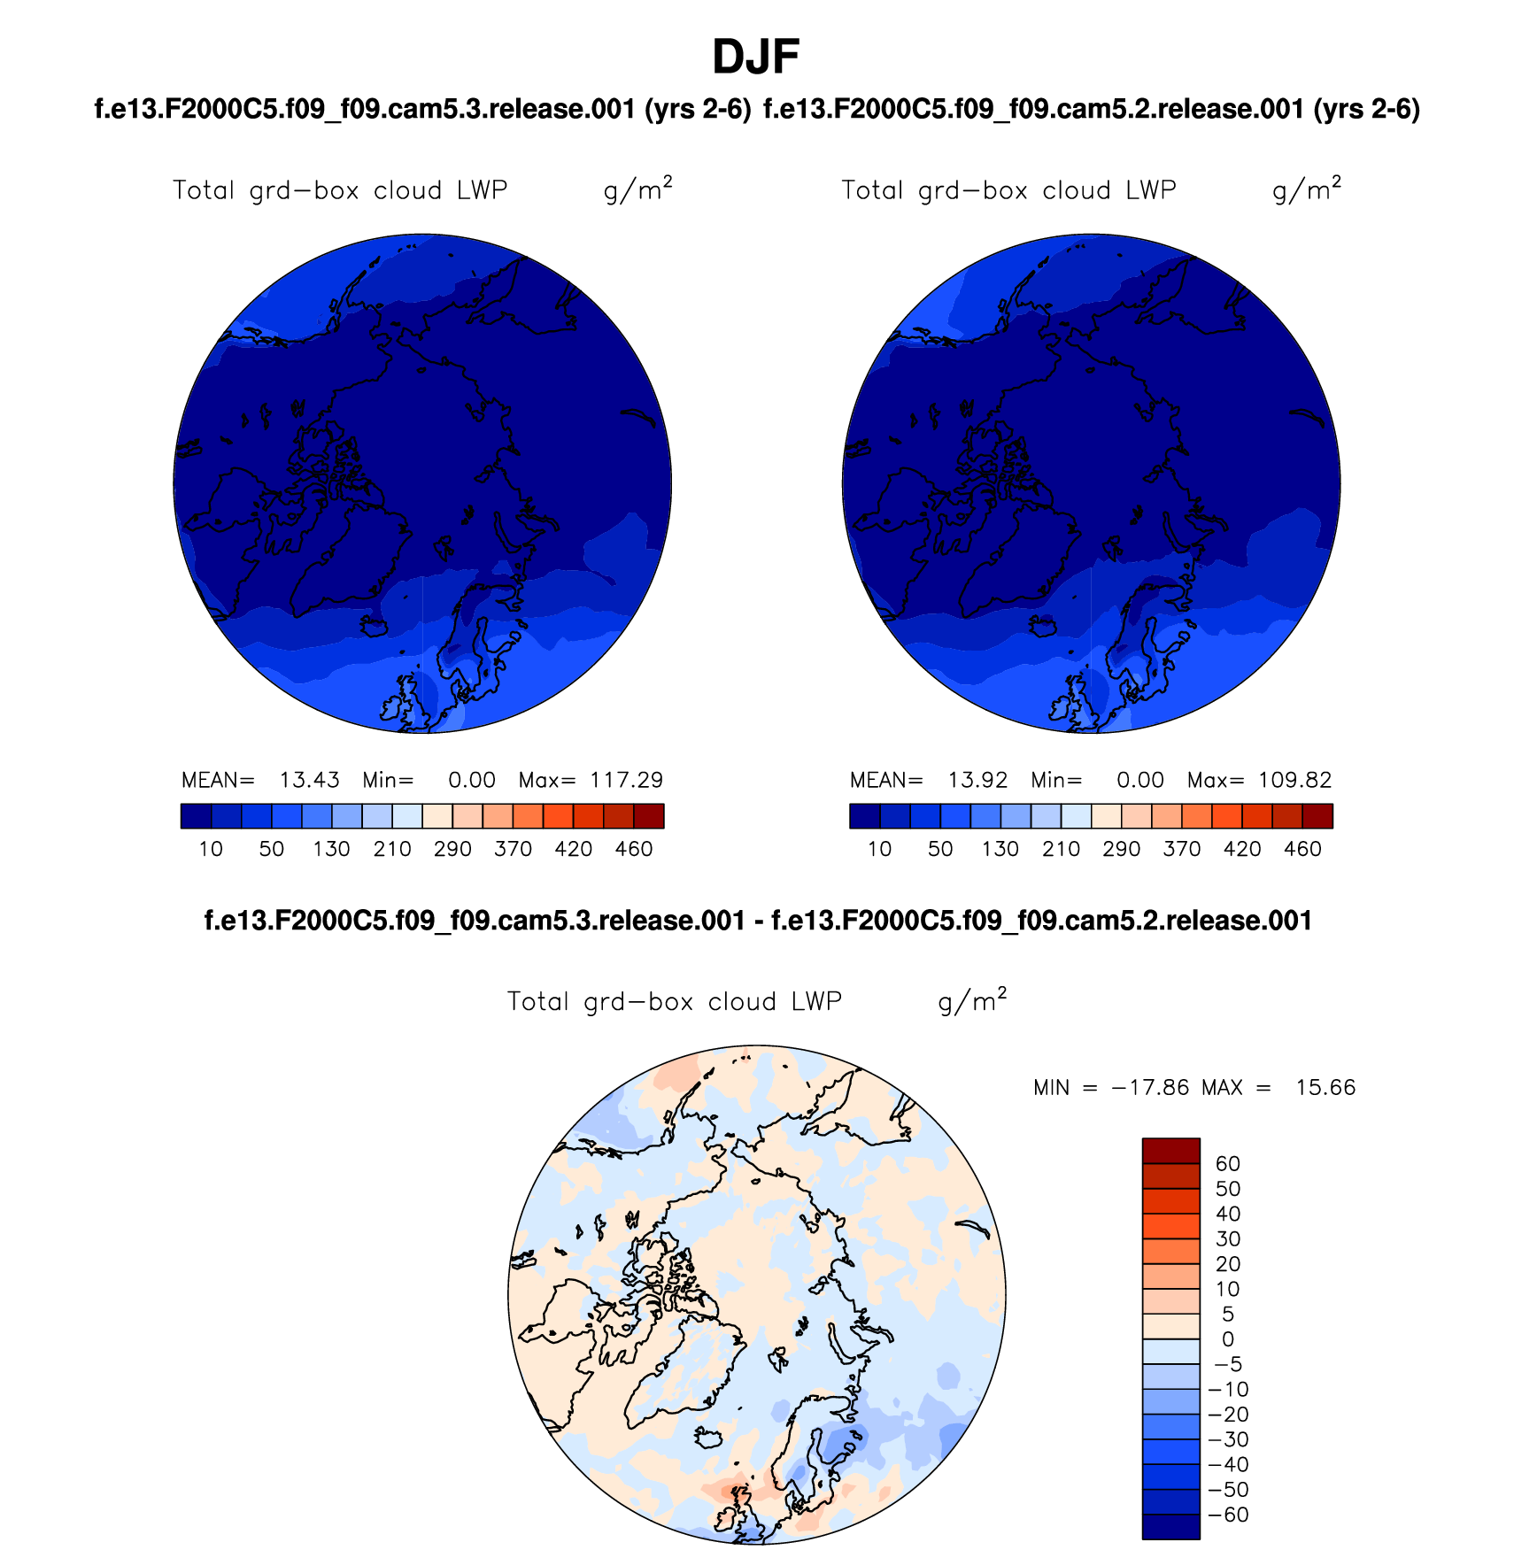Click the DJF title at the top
[755, 58]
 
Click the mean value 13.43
[309, 780]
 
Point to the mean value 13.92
[977, 780]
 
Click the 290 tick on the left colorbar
[452, 850]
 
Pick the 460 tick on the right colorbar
[1302, 850]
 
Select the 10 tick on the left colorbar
[211, 850]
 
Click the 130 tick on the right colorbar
[1000, 850]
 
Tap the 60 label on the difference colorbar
[1228, 1164]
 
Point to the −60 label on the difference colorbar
[1228, 1515]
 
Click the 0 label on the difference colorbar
[1228, 1339]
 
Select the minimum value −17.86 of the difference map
[1150, 1088]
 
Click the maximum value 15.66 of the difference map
[1325, 1088]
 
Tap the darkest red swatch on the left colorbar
[649, 816]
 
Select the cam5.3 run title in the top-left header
[422, 109]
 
